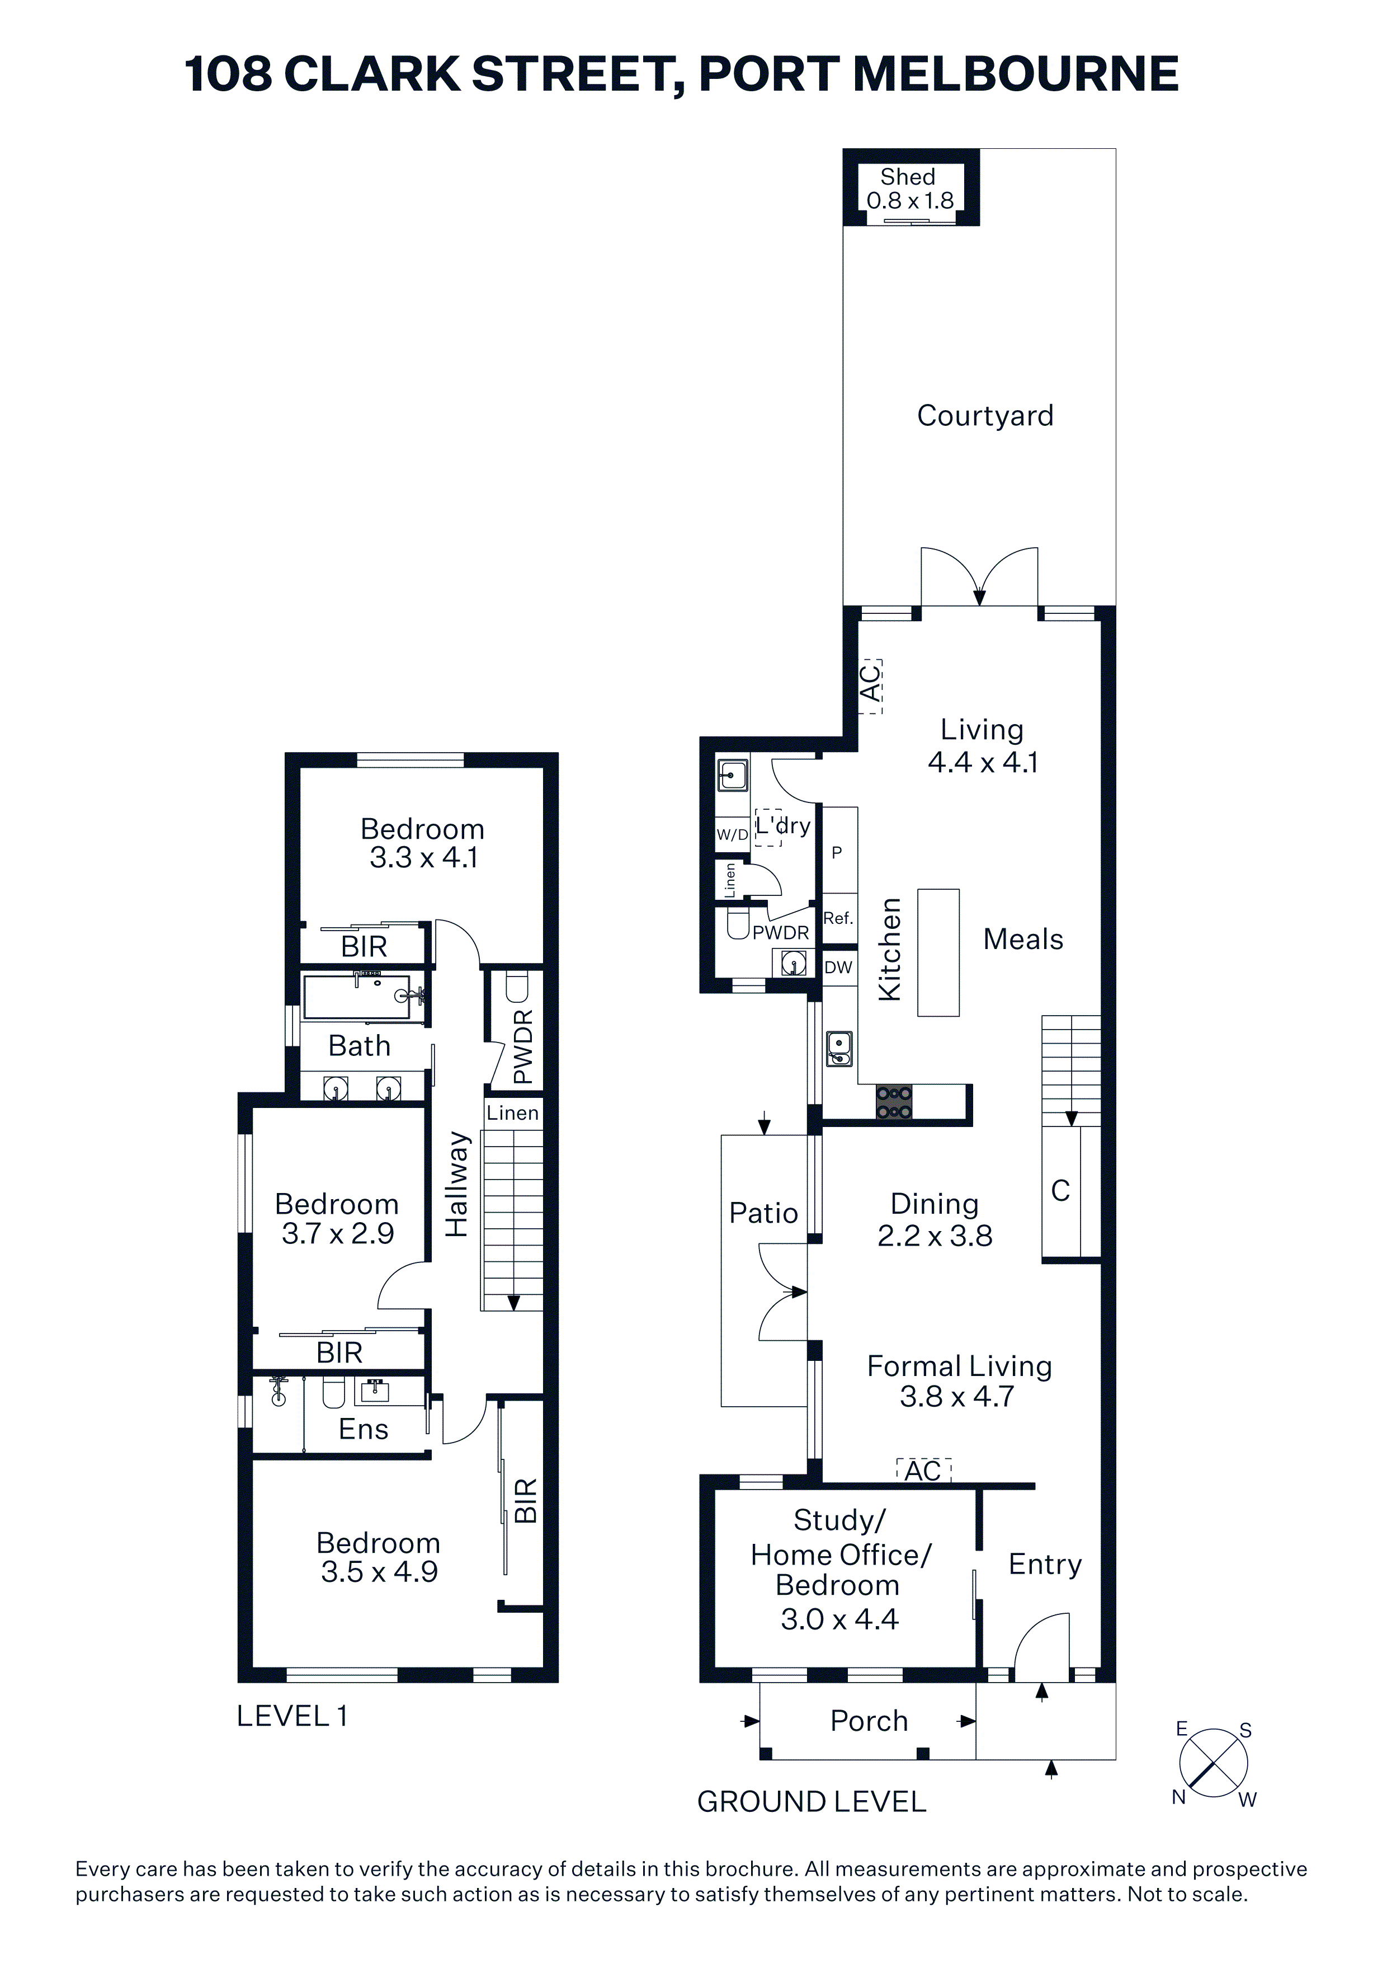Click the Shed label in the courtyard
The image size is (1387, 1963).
tap(908, 177)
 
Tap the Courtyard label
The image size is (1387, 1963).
tap(985, 416)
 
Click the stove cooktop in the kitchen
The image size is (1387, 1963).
tap(894, 1102)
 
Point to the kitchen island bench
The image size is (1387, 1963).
tap(938, 952)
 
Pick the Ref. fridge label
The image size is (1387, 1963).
tap(838, 918)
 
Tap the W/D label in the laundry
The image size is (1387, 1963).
tap(733, 834)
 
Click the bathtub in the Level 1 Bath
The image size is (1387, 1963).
tap(363, 997)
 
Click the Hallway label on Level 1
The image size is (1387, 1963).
tap(457, 1184)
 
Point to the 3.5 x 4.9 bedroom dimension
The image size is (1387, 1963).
tap(379, 1571)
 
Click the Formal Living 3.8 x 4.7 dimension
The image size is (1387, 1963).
tap(957, 1396)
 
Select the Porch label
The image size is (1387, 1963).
tap(869, 1721)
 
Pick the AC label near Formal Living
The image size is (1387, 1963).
tap(923, 1471)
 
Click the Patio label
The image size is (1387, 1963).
tap(763, 1213)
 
